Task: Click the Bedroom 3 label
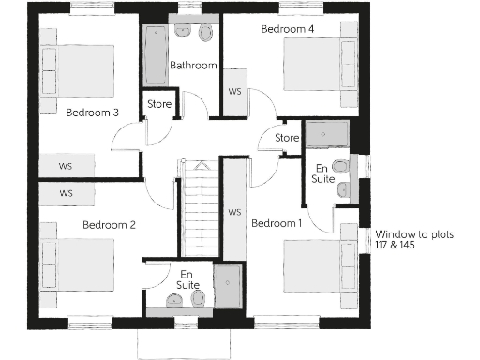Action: pos(92,113)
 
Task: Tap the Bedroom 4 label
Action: pos(287,30)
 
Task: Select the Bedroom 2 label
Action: pos(109,225)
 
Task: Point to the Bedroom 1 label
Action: pos(277,223)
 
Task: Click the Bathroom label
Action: pos(193,66)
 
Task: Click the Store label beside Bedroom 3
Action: pos(159,104)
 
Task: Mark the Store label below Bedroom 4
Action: pos(287,139)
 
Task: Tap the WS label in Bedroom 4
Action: pos(234,91)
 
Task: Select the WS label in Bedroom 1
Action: pos(234,212)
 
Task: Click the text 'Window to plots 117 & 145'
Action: pos(409,240)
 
